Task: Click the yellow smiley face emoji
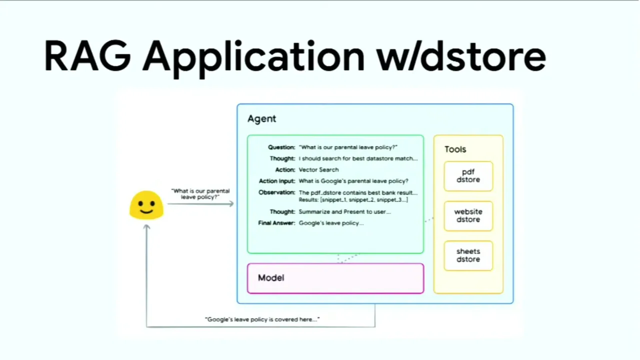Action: point(146,205)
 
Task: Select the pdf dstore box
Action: point(468,176)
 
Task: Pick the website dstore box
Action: point(468,216)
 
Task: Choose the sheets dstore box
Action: point(468,255)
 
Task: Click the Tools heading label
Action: point(455,149)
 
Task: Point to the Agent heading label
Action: point(261,118)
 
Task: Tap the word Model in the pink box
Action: point(271,277)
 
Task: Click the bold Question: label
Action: point(281,147)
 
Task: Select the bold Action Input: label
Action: point(277,181)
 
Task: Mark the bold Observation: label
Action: point(277,192)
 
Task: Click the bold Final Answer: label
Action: point(276,223)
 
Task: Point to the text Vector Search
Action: point(318,170)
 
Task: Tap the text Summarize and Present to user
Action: point(344,212)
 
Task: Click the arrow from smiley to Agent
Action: point(200,203)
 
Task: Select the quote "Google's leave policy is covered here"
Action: point(262,319)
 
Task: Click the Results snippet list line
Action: point(353,200)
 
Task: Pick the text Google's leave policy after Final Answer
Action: point(331,223)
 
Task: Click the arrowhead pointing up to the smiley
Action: point(146,227)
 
